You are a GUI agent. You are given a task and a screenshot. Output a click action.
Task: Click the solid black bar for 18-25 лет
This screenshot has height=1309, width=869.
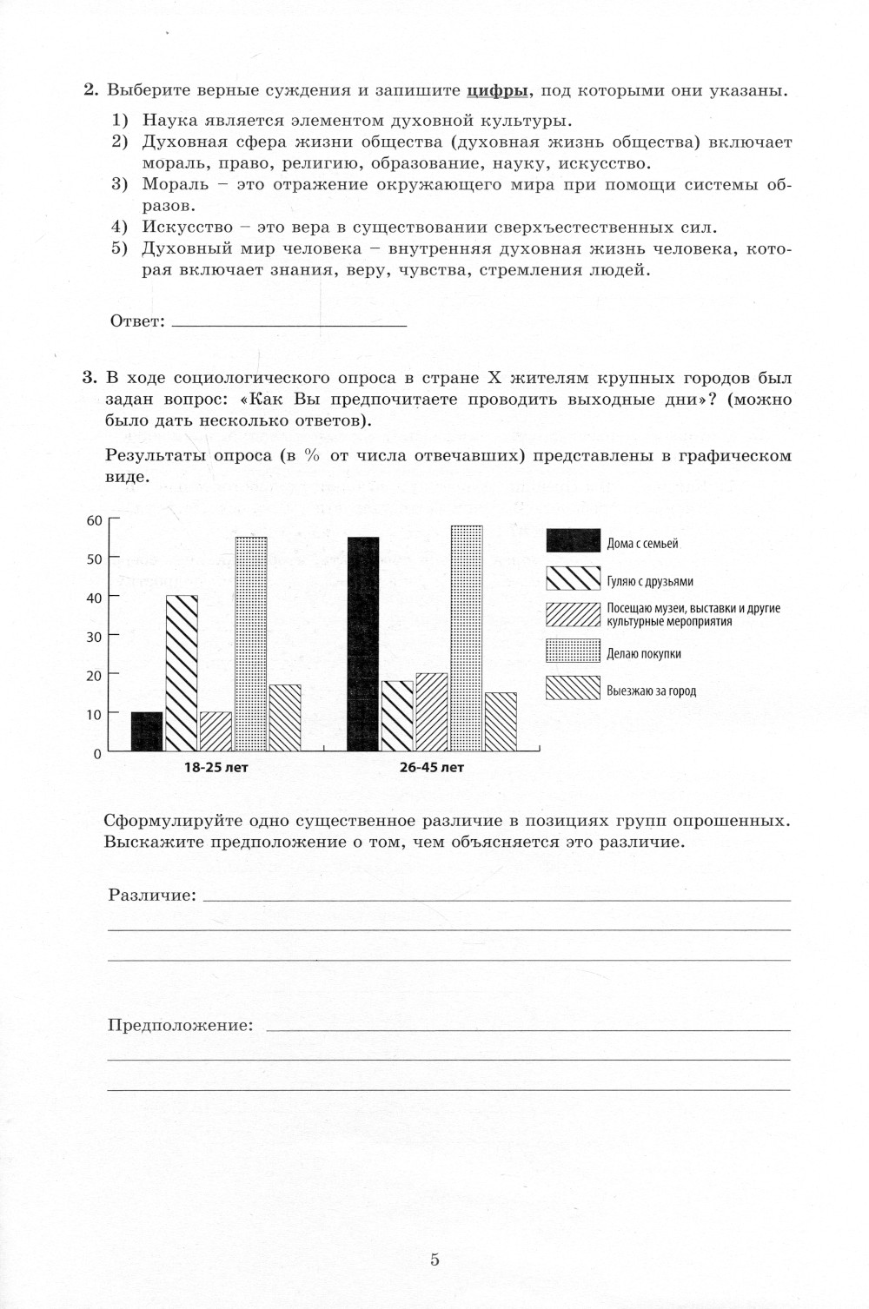point(147,731)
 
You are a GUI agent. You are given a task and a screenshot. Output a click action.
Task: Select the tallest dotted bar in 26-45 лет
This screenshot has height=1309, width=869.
point(467,638)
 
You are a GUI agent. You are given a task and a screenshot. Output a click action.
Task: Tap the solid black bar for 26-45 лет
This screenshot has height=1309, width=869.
point(363,644)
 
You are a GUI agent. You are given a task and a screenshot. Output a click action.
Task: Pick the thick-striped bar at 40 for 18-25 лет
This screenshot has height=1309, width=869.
point(182,673)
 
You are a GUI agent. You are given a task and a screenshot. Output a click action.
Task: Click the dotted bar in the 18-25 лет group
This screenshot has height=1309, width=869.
point(251,644)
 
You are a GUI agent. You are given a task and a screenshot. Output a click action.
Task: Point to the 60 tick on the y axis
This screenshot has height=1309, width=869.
point(94,520)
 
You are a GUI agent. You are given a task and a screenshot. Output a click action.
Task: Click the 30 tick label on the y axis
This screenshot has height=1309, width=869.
point(94,637)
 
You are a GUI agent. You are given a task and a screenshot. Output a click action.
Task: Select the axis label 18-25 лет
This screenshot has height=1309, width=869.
point(216,768)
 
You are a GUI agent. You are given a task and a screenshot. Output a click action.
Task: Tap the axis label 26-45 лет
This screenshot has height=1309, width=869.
point(432,768)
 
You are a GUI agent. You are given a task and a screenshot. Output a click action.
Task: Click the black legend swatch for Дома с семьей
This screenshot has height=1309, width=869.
point(573,541)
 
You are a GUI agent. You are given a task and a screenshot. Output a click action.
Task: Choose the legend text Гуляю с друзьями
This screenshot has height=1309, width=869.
point(650,582)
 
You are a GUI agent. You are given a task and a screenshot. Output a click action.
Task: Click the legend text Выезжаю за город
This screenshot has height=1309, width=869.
point(652,691)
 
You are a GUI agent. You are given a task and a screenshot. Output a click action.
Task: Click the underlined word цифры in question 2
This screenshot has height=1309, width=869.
point(497,90)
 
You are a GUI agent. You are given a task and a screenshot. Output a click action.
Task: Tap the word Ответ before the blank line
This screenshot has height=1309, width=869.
point(136,322)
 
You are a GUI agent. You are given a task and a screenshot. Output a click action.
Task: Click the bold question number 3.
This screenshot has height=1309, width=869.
point(89,378)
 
